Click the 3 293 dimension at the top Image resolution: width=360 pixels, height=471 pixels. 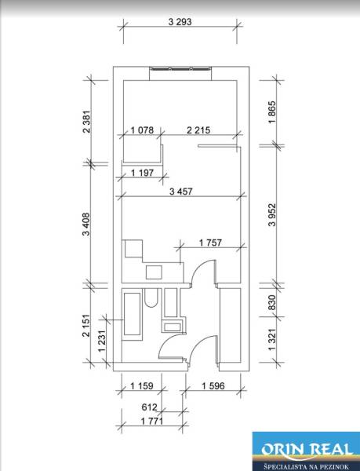[180, 22]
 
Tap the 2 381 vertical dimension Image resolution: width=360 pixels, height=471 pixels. [87, 122]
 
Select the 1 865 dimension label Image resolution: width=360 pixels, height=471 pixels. [272, 112]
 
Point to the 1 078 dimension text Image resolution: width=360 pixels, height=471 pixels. [142, 130]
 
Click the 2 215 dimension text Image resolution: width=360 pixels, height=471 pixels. [198, 130]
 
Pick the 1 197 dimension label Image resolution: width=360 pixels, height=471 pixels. [142, 173]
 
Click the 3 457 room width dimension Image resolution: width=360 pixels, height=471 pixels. [180, 191]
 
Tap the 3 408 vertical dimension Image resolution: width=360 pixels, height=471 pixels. [87, 224]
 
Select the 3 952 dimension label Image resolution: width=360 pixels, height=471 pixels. [272, 214]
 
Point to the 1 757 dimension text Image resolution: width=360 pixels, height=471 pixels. [211, 243]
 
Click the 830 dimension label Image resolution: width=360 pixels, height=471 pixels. [271, 302]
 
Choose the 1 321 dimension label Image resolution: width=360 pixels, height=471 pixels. [271, 339]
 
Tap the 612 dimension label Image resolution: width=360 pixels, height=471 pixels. [149, 407]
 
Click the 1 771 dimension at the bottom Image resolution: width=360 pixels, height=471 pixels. [152, 421]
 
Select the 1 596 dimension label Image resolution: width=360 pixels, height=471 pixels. [213, 385]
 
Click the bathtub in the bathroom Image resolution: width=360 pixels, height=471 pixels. [132, 314]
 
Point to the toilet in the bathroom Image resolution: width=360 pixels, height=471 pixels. [151, 298]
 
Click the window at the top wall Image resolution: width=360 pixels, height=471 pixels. [180, 68]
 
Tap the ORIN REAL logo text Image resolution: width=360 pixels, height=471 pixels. [307, 450]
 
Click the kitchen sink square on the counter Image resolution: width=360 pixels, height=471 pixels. [154, 272]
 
